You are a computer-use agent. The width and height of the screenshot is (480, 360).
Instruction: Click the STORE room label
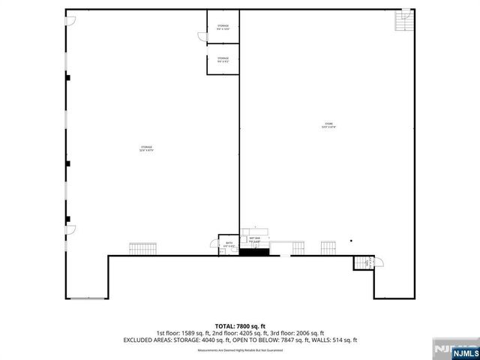(x=328, y=125)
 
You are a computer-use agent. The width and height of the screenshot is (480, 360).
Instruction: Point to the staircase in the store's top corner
(x=404, y=23)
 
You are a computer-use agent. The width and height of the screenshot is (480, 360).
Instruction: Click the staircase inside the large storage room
(x=142, y=248)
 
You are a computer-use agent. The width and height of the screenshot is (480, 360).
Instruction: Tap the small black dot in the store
(x=350, y=241)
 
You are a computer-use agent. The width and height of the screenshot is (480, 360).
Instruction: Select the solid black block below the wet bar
(x=253, y=252)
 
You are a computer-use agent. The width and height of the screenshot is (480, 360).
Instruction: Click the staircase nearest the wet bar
(x=298, y=247)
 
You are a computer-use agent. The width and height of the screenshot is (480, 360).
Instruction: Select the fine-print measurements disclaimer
(x=240, y=350)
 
